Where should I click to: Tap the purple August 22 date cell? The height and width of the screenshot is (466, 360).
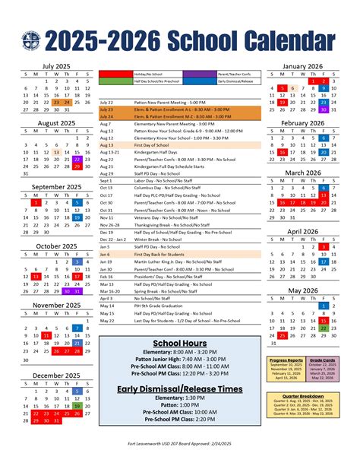77,160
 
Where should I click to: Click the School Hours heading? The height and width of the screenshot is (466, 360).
180,343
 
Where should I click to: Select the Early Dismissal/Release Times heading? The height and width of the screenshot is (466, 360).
180,389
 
